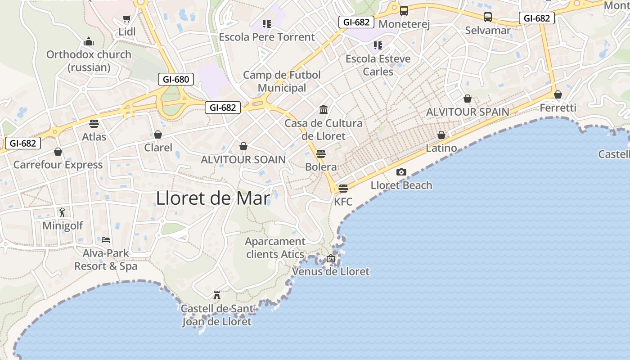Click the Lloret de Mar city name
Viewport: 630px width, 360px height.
(213, 198)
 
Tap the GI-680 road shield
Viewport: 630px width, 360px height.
(176, 80)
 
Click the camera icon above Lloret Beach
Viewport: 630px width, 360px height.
(401, 172)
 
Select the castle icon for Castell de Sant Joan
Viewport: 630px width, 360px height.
(216, 295)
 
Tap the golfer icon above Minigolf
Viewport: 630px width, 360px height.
(62, 212)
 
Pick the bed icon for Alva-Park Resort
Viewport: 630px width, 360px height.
(106, 239)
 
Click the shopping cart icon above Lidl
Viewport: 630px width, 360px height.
(126, 19)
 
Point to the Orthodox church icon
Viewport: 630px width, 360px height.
(89, 41)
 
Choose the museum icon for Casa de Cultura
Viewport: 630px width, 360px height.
(323, 109)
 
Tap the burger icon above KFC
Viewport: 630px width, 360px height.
(343, 188)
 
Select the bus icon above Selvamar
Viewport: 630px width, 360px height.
(488, 17)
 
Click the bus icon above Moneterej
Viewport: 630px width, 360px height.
(404, 11)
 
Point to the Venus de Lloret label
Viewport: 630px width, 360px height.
(331, 271)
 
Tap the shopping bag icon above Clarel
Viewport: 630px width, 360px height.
(158, 135)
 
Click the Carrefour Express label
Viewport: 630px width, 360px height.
(58, 165)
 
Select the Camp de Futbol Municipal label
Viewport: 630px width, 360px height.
(282, 81)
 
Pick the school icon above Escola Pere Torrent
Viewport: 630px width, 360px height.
(267, 23)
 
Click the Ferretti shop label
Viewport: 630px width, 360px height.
(558, 108)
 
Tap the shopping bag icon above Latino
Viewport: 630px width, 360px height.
(441, 135)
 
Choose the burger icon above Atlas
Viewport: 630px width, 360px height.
(94, 123)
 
